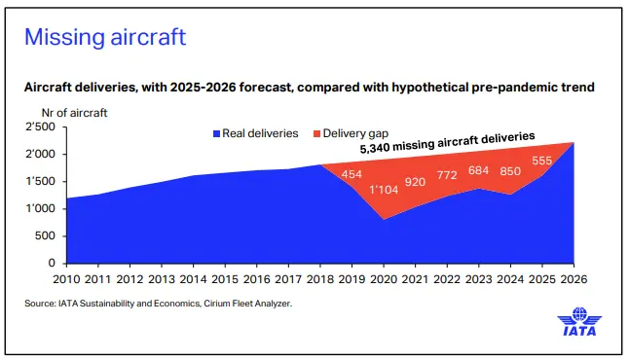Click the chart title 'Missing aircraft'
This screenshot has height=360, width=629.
(105, 37)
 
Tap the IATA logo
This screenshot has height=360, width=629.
(579, 321)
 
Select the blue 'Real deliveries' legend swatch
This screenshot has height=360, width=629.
(216, 134)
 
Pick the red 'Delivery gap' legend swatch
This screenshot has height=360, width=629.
(316, 134)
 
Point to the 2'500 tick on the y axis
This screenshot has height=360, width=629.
(41, 127)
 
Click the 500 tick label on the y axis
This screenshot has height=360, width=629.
(45, 235)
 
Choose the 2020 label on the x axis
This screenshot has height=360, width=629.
(384, 279)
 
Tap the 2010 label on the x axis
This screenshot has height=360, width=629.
(66, 279)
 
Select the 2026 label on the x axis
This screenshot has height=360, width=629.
(573, 279)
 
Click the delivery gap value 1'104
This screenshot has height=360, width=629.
(384, 190)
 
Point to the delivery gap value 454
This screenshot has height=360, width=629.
(351, 174)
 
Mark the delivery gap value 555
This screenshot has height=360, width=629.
(542, 161)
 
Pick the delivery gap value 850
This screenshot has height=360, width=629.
(510, 171)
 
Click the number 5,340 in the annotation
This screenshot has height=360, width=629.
(375, 148)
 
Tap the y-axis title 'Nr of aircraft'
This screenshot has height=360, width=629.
(74, 113)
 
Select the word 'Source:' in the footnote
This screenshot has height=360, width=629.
(40, 304)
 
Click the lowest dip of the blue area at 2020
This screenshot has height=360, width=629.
(384, 220)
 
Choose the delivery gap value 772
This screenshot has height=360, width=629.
(447, 175)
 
